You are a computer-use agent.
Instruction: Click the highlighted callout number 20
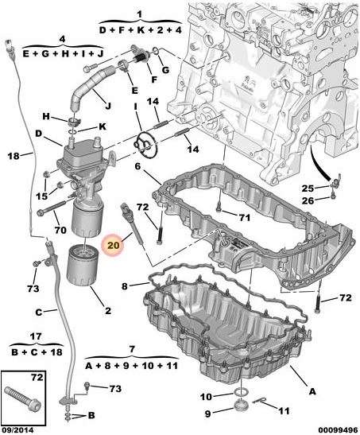coord(114,245)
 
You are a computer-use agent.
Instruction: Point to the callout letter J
coord(108,106)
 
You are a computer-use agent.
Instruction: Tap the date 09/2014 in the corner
coord(17,430)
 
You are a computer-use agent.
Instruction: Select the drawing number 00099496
coord(338,430)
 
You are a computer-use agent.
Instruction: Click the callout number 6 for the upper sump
coord(138,166)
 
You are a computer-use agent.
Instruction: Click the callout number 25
coord(308,188)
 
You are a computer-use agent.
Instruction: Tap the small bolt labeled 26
coord(333,196)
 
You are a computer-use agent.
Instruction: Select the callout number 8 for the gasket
coord(125,286)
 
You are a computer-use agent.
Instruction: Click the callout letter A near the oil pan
coord(312,391)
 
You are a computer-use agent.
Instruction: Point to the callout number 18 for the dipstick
coord(14,156)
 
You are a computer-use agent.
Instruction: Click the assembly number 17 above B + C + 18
coord(36,337)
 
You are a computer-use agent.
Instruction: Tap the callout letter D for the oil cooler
coord(38,134)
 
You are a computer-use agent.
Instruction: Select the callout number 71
coord(244,218)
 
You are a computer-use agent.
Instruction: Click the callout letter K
coord(103,126)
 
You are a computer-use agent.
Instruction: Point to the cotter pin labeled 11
coord(260,401)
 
